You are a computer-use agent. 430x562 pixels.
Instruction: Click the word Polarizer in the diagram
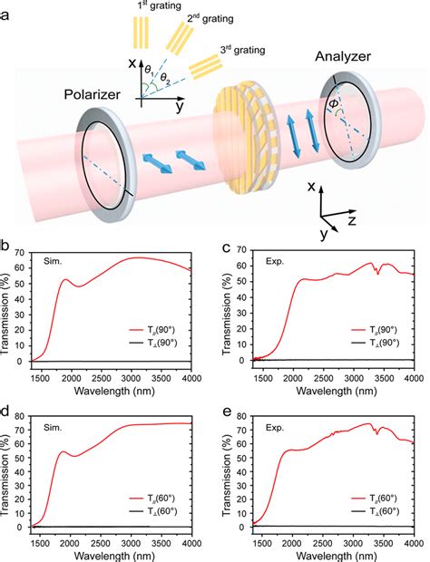point(93,94)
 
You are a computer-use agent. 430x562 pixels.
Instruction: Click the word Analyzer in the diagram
point(343,55)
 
